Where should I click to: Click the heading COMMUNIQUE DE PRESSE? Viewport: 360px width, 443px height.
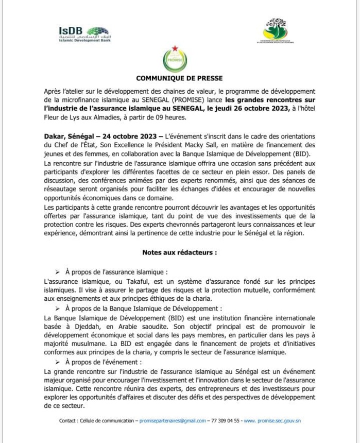coord(179,78)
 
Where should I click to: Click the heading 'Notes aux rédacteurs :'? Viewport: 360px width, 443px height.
coord(179,253)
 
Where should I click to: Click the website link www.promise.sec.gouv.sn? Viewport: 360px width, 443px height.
coord(272,421)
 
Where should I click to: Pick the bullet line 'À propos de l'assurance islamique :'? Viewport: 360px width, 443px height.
coord(116,271)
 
